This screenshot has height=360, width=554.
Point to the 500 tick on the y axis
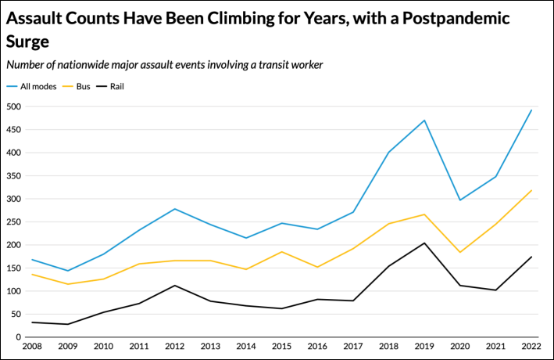click(x=13, y=106)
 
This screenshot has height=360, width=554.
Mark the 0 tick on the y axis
click(x=18, y=337)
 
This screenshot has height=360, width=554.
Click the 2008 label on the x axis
click(x=31, y=346)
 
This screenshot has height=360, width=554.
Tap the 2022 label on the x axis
click(x=531, y=346)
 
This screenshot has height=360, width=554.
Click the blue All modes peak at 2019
click(x=424, y=120)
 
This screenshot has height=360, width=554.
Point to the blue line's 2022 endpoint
click(x=531, y=110)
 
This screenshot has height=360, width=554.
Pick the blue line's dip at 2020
click(x=460, y=200)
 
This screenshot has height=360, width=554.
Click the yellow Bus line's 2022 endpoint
click(x=531, y=190)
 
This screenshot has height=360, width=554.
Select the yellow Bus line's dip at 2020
click(x=460, y=252)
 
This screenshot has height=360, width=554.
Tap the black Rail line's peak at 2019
click(x=424, y=243)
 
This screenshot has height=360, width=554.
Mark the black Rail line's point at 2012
click(x=175, y=286)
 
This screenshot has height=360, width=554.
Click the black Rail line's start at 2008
click(x=31, y=322)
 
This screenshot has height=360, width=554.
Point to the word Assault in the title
click(x=34, y=17)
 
